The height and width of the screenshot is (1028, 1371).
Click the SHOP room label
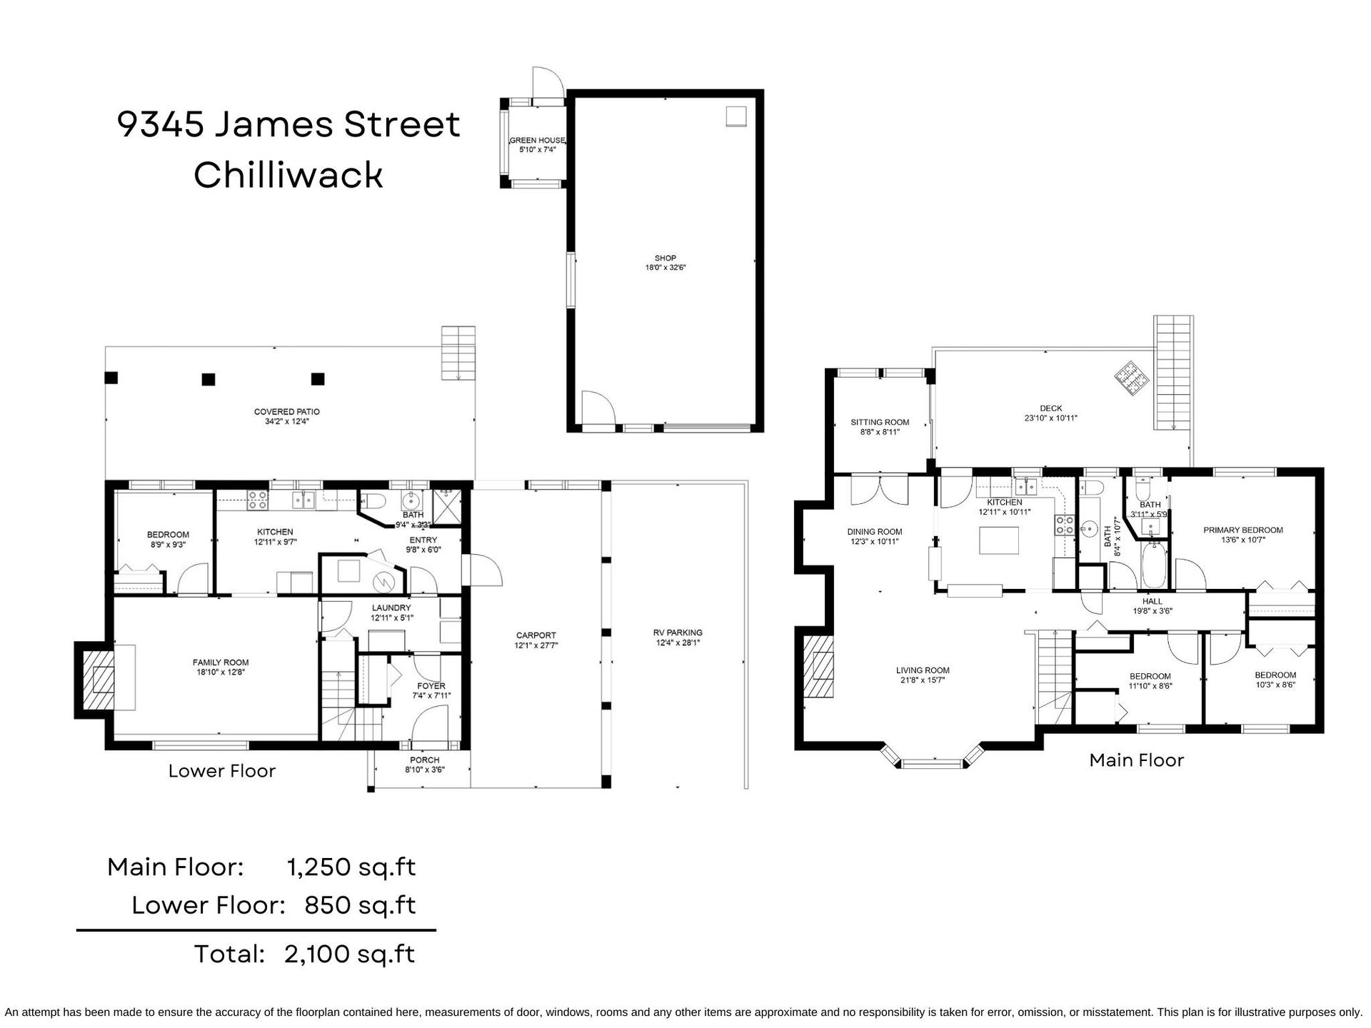click(x=665, y=258)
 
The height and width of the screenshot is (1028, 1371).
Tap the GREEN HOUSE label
click(x=537, y=141)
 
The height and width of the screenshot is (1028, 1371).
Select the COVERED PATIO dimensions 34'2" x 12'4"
click(x=286, y=421)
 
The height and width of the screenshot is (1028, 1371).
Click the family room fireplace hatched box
click(x=97, y=679)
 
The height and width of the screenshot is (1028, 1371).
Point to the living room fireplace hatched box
click(x=818, y=666)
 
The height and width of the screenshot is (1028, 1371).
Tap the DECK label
click(x=1050, y=408)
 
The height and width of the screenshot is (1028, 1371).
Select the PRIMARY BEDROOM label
click(x=1243, y=530)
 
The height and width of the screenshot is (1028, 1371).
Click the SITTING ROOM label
click(x=880, y=422)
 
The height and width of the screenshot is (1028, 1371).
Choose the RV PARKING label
click(x=678, y=633)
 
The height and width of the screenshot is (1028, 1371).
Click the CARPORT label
click(x=536, y=635)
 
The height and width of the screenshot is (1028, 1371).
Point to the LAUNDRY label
click(x=391, y=608)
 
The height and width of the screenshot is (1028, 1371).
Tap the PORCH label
click(x=425, y=760)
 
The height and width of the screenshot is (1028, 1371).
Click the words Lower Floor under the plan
click(x=222, y=771)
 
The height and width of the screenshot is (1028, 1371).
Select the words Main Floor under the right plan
click(x=1137, y=760)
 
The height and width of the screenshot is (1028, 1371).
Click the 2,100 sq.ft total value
click(x=349, y=954)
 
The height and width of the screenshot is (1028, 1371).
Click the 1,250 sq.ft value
click(x=351, y=867)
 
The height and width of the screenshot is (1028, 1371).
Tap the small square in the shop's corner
click(x=736, y=116)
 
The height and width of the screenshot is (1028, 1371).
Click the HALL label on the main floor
click(x=1152, y=601)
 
